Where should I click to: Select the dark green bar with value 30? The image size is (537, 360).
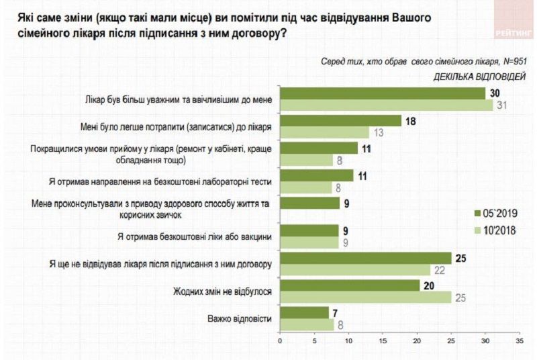[x=382, y=93]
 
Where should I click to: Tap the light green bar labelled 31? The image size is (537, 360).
[x=386, y=105]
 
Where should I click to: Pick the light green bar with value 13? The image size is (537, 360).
[x=324, y=132]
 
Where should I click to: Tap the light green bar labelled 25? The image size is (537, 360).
[x=365, y=297]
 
